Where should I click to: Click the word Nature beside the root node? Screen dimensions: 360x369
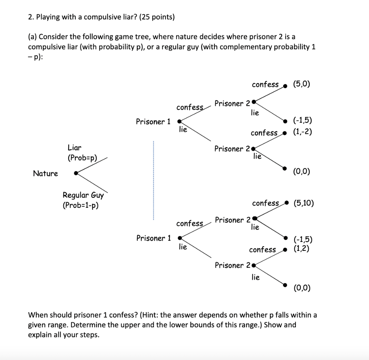[45, 174]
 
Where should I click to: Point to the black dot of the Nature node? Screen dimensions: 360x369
[76, 173]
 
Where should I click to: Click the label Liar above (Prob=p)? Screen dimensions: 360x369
[75, 148]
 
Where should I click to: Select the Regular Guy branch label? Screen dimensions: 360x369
[83, 195]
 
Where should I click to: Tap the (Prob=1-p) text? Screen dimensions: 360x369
[81, 206]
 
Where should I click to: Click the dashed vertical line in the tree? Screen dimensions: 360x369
[153, 180]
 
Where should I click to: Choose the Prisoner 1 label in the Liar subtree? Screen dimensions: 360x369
[153, 122]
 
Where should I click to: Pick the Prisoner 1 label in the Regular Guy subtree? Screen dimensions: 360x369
[154, 238]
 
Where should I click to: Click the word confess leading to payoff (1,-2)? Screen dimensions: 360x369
[264, 133]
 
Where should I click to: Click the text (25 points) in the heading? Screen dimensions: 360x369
[154, 17]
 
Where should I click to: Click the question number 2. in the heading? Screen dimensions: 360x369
[31, 17]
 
